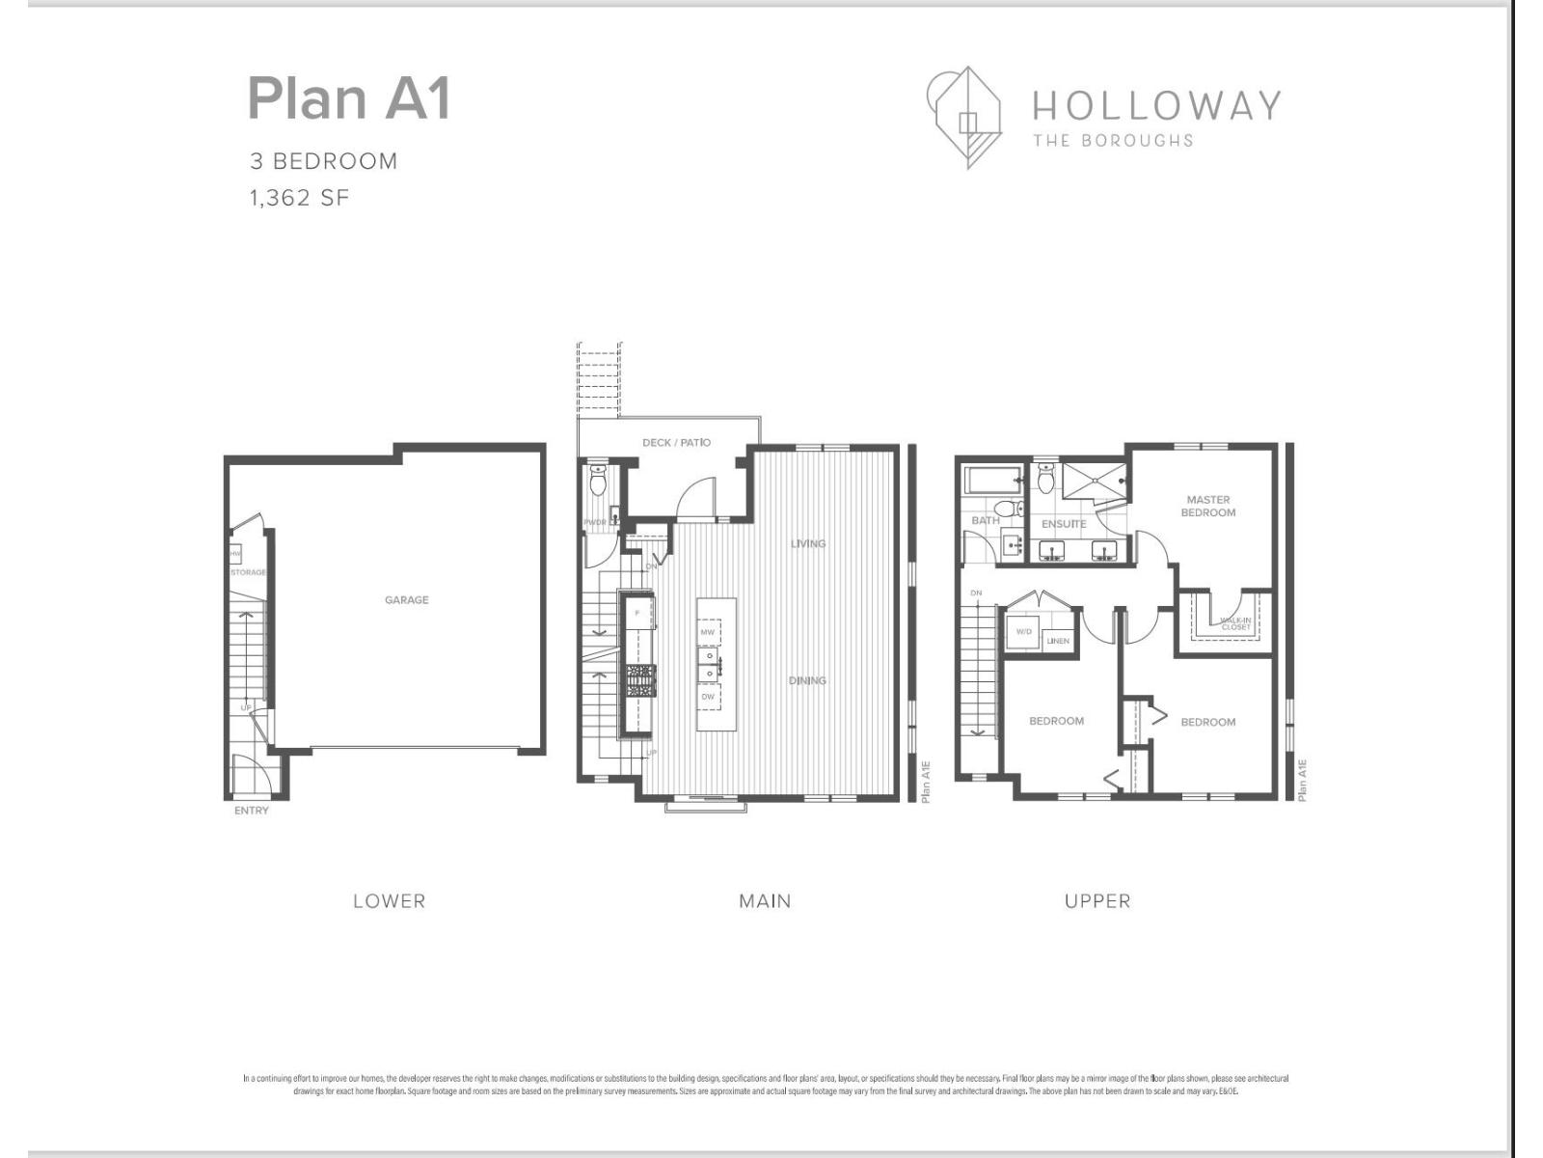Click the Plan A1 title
[x=349, y=98]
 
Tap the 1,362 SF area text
[x=299, y=198]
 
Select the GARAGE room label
[x=406, y=600]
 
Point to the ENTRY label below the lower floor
[x=252, y=811]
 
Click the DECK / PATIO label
[x=676, y=443]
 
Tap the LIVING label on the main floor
[x=808, y=543]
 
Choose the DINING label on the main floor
[x=807, y=680]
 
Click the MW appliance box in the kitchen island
[x=708, y=632]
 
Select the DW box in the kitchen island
[x=708, y=697]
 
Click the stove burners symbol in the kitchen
[x=639, y=680]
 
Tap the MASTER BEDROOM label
[x=1208, y=507]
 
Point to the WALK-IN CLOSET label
[x=1235, y=624]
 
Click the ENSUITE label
[x=1064, y=524]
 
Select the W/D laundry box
[x=1023, y=632]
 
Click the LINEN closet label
[x=1058, y=641]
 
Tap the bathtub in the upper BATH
[x=991, y=480]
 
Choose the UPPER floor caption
[x=1097, y=901]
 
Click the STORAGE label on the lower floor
[x=248, y=573]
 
